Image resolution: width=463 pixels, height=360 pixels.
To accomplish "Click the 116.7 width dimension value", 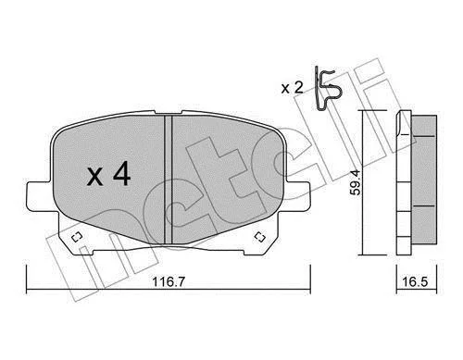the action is click(x=169, y=281).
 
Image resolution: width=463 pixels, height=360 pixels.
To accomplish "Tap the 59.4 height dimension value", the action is click(x=356, y=182).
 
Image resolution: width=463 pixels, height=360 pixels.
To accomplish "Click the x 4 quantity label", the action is click(x=108, y=176).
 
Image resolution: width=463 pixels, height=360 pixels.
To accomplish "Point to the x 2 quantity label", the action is click(x=293, y=88).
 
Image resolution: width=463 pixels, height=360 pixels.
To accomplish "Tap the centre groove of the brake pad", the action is click(x=169, y=180).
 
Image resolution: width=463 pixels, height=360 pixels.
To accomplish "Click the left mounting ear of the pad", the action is click(x=39, y=197).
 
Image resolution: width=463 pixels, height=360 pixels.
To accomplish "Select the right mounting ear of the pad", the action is click(x=295, y=197).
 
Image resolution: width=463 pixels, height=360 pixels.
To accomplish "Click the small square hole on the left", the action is click(x=76, y=237).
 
